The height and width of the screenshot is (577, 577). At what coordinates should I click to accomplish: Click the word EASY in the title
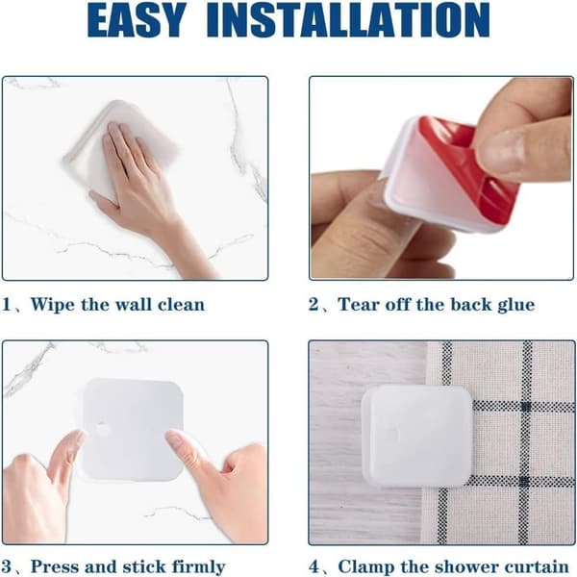tap(137, 19)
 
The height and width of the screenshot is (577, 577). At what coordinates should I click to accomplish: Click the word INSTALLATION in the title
tap(348, 19)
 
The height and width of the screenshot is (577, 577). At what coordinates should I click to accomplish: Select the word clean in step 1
tap(181, 305)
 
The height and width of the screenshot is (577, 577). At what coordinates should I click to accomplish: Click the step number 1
tap(6, 305)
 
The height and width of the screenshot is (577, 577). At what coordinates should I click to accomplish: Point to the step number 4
tap(314, 567)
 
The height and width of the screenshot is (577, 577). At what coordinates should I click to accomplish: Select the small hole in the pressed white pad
tap(102, 428)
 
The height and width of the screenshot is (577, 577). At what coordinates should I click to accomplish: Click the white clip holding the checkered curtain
tap(417, 436)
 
